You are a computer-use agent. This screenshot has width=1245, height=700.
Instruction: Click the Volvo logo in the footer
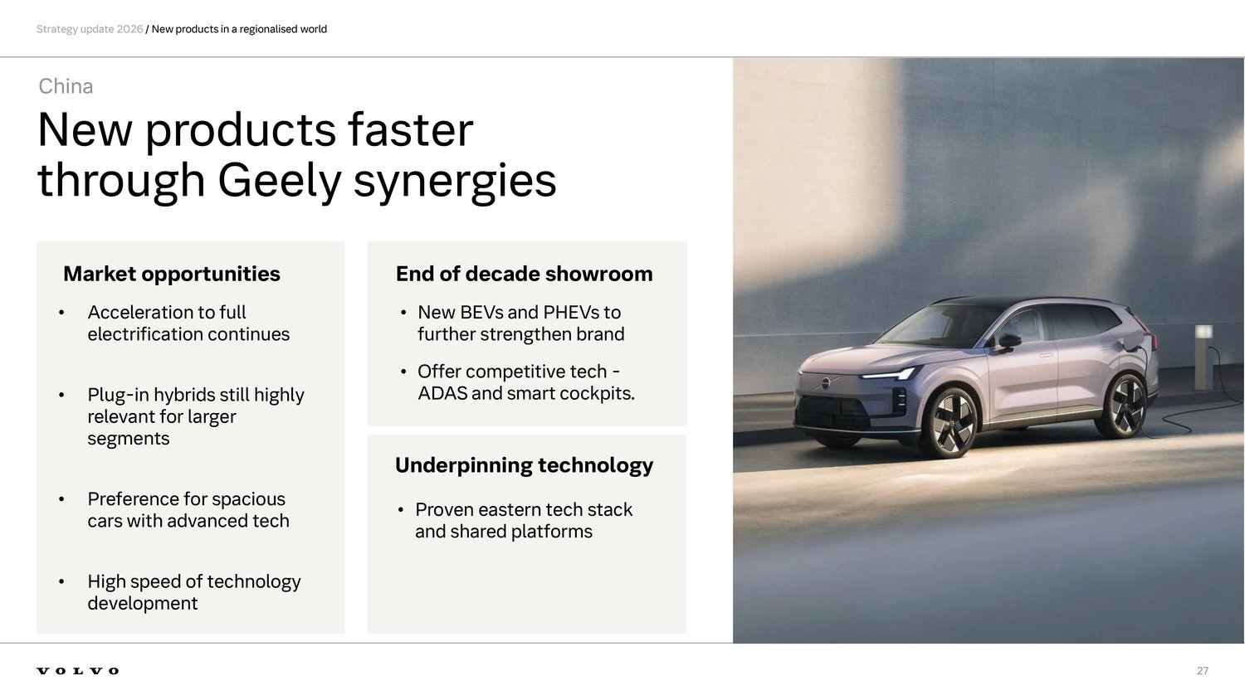[x=78, y=670]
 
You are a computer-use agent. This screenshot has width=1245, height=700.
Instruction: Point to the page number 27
[x=1202, y=670]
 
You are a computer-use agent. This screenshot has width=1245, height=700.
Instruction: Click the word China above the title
[x=66, y=86]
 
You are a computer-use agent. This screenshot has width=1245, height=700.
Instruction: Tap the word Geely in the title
[x=279, y=181]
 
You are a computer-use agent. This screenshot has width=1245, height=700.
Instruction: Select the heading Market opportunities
[x=172, y=274]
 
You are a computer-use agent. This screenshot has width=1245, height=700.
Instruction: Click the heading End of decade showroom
[x=524, y=274]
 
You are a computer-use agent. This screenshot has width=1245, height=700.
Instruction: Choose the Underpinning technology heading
[x=524, y=465]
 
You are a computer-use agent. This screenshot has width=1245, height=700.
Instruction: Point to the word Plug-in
[x=118, y=395]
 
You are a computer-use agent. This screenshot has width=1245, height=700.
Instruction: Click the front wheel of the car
[x=951, y=423]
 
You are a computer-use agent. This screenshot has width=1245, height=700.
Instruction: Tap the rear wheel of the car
[x=1125, y=406]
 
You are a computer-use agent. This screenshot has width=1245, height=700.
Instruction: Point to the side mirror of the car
[x=1008, y=342]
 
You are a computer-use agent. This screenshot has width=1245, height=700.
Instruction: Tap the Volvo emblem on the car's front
[x=826, y=383]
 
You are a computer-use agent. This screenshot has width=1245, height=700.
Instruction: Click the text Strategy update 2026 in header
[x=90, y=30]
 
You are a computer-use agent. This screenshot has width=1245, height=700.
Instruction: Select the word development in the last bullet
[x=142, y=604]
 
